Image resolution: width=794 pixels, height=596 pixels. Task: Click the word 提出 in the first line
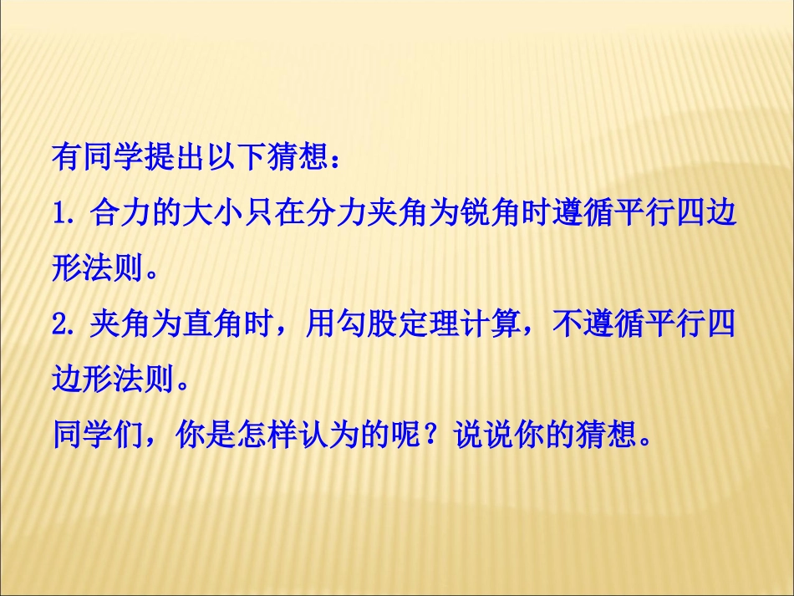174,156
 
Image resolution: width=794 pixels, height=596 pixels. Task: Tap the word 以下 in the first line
236,156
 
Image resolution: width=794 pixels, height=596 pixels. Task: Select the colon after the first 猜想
336,159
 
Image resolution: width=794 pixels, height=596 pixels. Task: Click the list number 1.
60,214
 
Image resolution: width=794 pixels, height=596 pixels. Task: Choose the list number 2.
60,325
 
